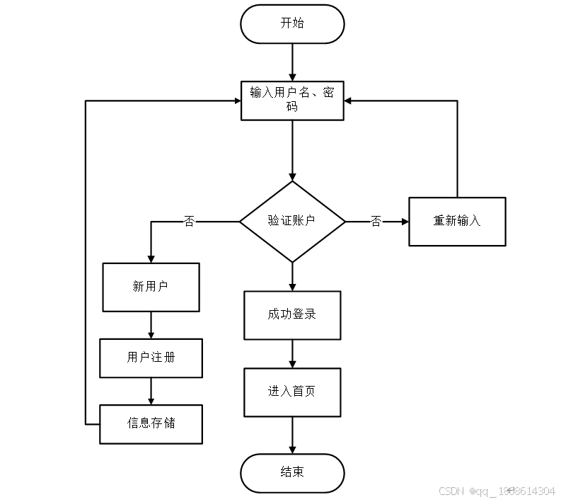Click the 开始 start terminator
pyautogui.click(x=292, y=24)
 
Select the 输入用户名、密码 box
pyautogui.click(x=292, y=100)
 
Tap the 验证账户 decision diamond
pyautogui.click(x=292, y=221)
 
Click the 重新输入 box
pyautogui.click(x=457, y=221)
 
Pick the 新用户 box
pyautogui.click(x=151, y=287)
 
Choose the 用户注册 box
pyautogui.click(x=151, y=358)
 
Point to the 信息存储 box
pyautogui.click(x=151, y=423)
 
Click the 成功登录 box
pyautogui.click(x=292, y=314)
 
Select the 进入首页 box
pyautogui.click(x=292, y=392)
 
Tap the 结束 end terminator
pyautogui.click(x=292, y=472)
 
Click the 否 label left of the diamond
pyautogui.click(x=189, y=222)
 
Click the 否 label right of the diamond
pyautogui.click(x=376, y=222)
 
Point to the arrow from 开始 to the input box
pyautogui.click(x=292, y=62)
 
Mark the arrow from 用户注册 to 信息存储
pyautogui.click(x=151, y=391)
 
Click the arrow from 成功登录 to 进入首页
pyautogui.click(x=292, y=353)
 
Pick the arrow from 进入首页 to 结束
pyautogui.click(x=292, y=435)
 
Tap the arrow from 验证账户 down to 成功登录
pyautogui.click(x=292, y=276)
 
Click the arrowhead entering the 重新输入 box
pyautogui.click(x=405, y=222)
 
